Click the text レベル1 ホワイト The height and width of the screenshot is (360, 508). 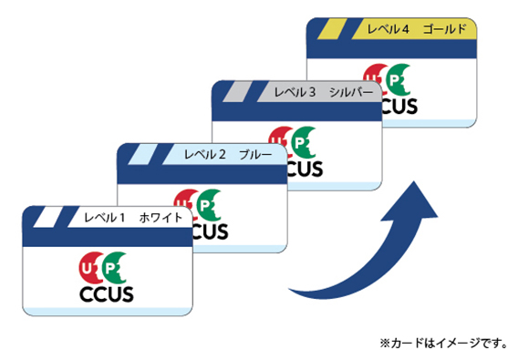pyautogui.click(x=133, y=218)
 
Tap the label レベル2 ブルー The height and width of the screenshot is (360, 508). pyautogui.click(x=228, y=155)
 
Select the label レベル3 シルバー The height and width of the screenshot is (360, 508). pyautogui.click(x=324, y=92)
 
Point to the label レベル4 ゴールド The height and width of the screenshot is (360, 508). pyautogui.click(x=417, y=29)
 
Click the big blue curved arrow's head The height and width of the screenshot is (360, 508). pyautogui.click(x=413, y=202)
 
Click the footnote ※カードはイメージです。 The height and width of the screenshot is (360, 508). pyautogui.click(x=443, y=343)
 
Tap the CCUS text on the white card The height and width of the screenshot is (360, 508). pyautogui.click(x=107, y=294)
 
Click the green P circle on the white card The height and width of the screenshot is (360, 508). pyautogui.click(x=114, y=268)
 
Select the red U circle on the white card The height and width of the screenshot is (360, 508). pyautogui.click(x=88, y=268)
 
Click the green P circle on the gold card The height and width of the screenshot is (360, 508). pyautogui.click(x=399, y=80)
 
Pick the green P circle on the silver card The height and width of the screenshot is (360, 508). pyautogui.click(x=303, y=143)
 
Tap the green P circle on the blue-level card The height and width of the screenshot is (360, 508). pyautogui.click(x=209, y=205)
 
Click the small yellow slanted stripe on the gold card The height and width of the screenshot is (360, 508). pyautogui.click(x=332, y=29)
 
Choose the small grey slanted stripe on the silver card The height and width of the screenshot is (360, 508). pyautogui.click(x=237, y=92)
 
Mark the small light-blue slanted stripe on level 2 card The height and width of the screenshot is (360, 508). pyautogui.click(x=143, y=154)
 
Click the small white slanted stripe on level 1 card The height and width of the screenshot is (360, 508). pyautogui.click(x=48, y=217)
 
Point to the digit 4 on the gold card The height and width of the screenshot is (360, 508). pyautogui.click(x=405, y=29)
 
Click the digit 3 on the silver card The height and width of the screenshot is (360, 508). pyautogui.click(x=312, y=93)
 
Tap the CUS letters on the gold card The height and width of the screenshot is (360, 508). pyautogui.click(x=399, y=107)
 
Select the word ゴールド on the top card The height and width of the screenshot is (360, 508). pyautogui.click(x=445, y=29)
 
